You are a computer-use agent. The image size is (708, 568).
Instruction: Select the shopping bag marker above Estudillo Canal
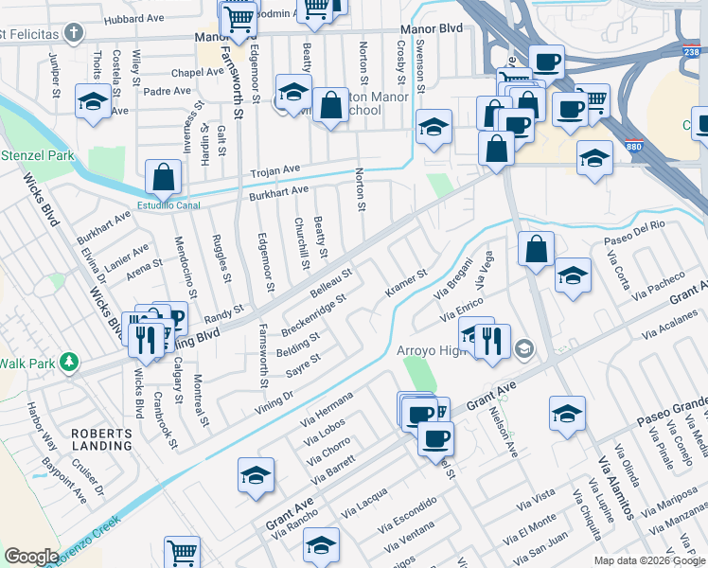tap(163, 178)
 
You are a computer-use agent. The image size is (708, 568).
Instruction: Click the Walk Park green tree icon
tap(68, 363)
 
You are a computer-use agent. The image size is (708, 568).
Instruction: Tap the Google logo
tap(32, 556)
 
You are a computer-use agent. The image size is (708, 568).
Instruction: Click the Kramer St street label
tap(406, 281)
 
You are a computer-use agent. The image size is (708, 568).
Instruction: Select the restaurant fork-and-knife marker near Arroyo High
tap(490, 343)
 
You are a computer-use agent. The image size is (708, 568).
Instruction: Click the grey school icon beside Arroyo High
tap(523, 350)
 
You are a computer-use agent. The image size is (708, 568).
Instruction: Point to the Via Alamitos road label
tap(616, 487)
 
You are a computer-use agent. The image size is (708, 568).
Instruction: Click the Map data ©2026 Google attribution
tap(648, 560)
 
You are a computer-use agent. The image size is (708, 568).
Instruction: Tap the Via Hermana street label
tap(327, 408)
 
